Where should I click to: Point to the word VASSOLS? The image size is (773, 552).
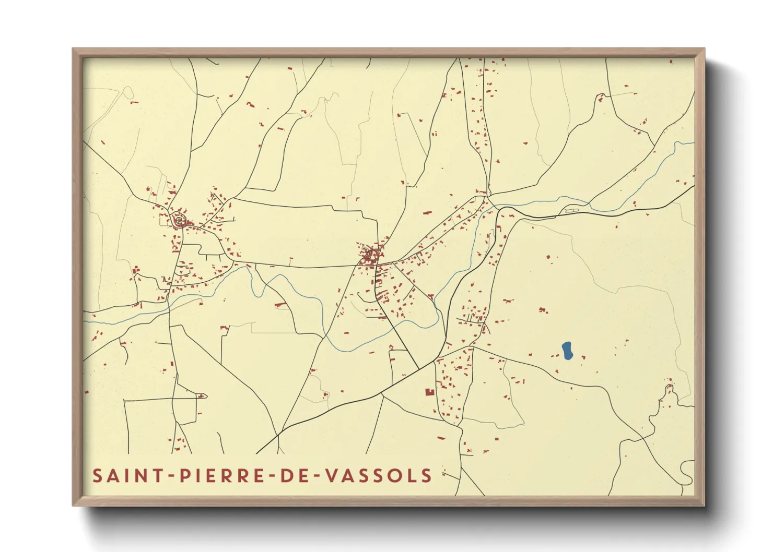pyautogui.click(x=379, y=476)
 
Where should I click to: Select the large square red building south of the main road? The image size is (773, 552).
pyautogui.click(x=429, y=392)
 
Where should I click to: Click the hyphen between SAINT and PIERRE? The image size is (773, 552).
pyautogui.click(x=171, y=476)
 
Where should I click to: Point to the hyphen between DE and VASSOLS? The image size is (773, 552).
pyautogui.click(x=314, y=476)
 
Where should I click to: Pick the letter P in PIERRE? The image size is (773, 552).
pyautogui.click(x=185, y=476)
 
